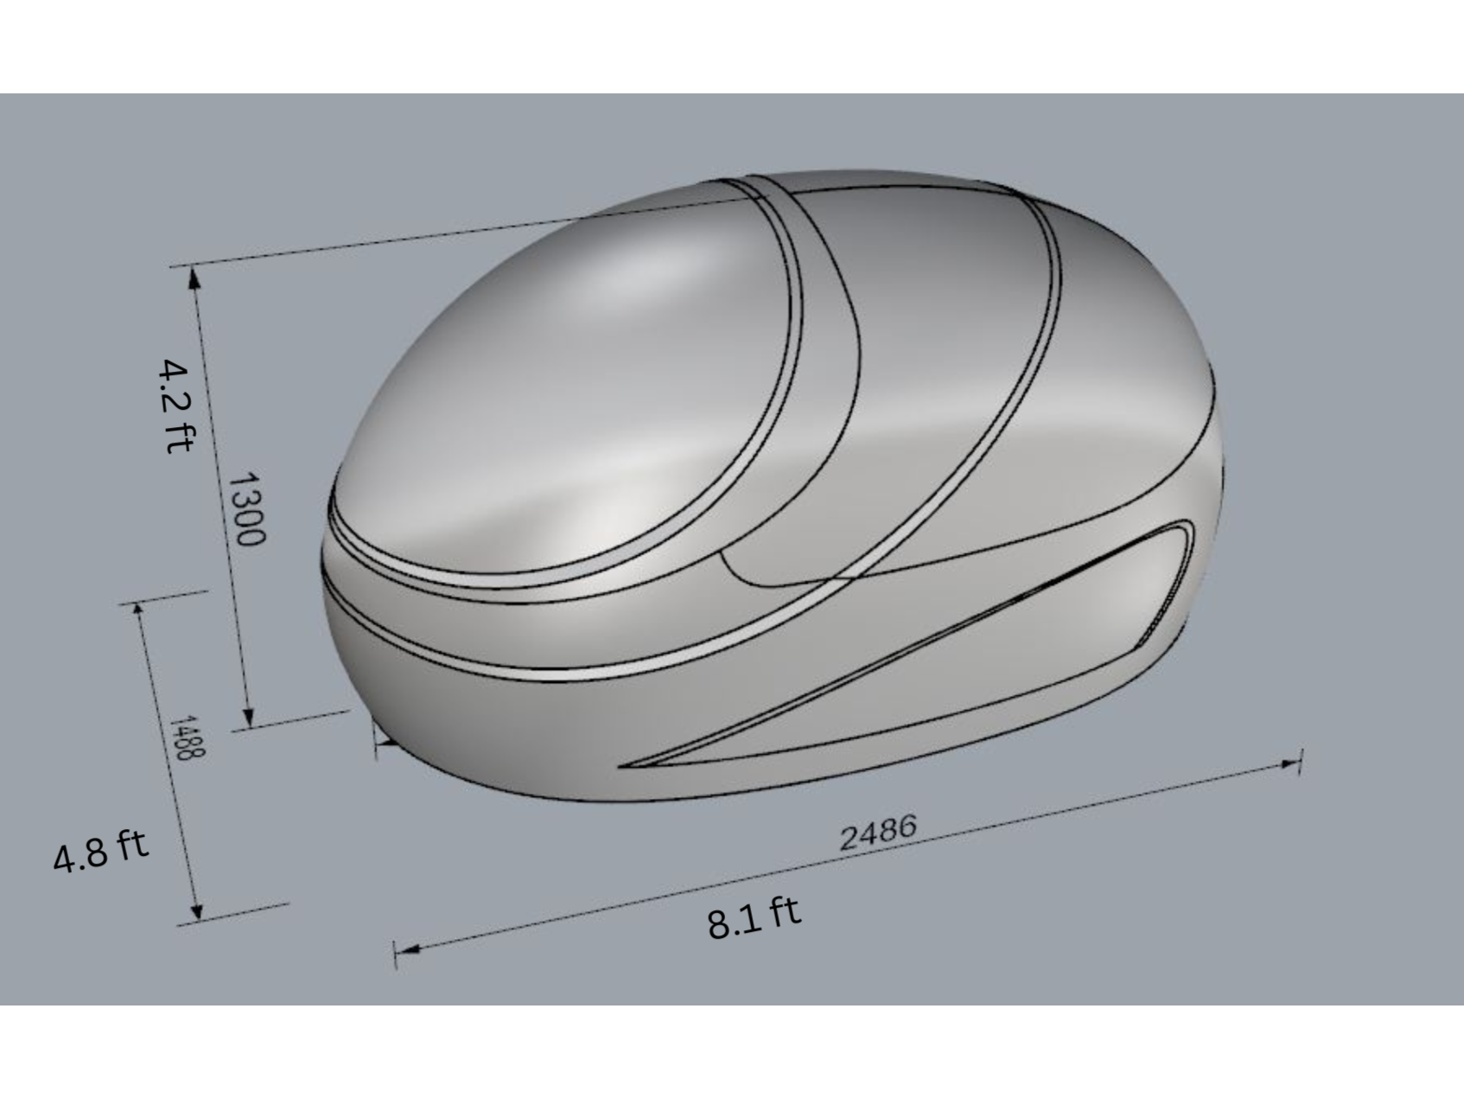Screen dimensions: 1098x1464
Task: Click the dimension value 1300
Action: point(248,509)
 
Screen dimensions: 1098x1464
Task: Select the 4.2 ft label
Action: point(176,406)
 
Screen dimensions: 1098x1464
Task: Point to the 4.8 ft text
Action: point(101,851)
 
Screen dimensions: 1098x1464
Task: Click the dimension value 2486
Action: point(877,833)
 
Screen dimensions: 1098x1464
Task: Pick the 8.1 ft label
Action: point(754,917)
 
